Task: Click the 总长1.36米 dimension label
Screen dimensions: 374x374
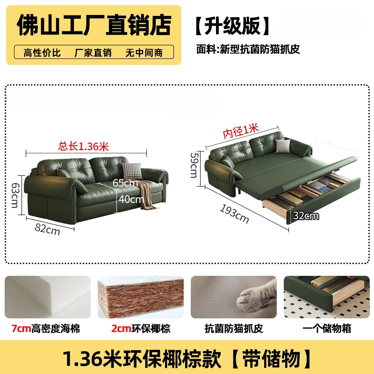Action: [84, 146]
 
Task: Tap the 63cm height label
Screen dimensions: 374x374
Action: [15, 195]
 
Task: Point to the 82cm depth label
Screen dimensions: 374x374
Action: [47, 230]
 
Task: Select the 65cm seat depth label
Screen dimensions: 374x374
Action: [125, 183]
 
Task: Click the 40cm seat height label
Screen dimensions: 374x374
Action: [131, 199]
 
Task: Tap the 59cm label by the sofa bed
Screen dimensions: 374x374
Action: [194, 165]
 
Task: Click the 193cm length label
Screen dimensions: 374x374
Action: [234, 214]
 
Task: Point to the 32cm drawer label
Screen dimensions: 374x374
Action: [306, 216]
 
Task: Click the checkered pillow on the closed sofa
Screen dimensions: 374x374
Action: [132, 171]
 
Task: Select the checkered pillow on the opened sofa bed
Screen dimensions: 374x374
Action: [283, 145]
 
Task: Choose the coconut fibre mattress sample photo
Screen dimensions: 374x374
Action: [141, 297]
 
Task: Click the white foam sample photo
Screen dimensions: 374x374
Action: [48, 297]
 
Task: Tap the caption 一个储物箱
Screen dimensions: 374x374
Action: [327, 329]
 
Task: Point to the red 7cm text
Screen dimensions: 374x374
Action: [21, 329]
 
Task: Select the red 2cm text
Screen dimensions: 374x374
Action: [121, 329]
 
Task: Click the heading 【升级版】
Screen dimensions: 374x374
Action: [232, 26]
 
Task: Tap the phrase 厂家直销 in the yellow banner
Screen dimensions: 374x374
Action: [93, 53]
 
